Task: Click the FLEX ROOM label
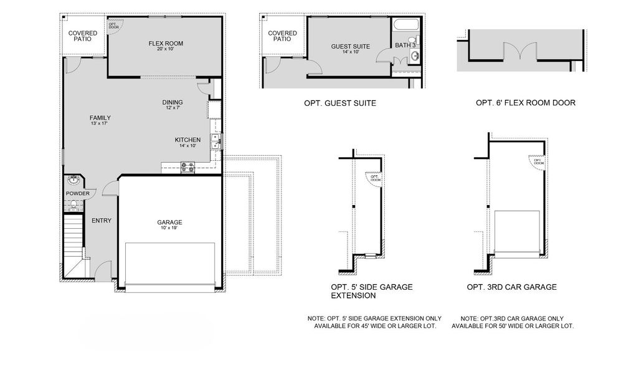click(x=166, y=44)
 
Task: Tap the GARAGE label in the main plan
click(x=169, y=223)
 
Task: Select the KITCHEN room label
click(x=187, y=140)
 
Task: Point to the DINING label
click(x=173, y=103)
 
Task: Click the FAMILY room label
click(x=100, y=118)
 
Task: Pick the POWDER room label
click(x=78, y=193)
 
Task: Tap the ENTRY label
click(x=102, y=221)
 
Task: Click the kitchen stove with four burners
click(x=187, y=167)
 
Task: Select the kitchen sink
click(x=214, y=142)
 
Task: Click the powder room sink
click(x=73, y=181)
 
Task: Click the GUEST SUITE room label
click(x=351, y=47)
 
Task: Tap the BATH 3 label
click(x=405, y=45)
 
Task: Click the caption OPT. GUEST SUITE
click(x=339, y=103)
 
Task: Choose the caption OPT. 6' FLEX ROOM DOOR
click(x=525, y=103)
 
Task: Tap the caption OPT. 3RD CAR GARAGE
click(x=511, y=287)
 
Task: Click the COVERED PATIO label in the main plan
click(x=83, y=36)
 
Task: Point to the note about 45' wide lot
click(x=374, y=322)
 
